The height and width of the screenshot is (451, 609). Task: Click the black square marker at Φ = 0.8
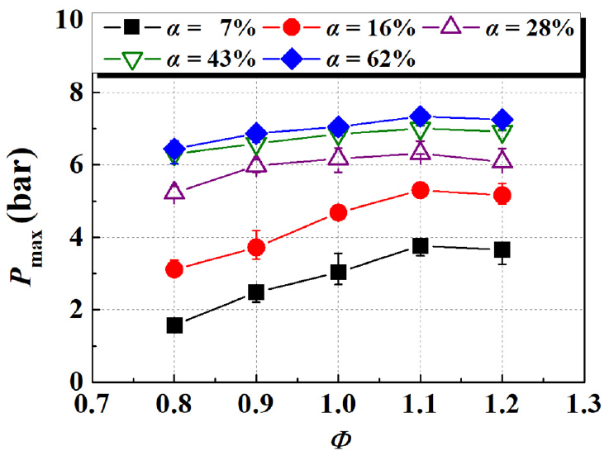pyautogui.click(x=174, y=325)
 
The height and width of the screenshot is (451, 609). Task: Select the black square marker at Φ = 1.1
pyautogui.click(x=420, y=245)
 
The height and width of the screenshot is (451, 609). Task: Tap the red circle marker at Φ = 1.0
pyautogui.click(x=338, y=212)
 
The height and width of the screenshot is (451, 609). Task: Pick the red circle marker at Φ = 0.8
pyautogui.click(x=174, y=268)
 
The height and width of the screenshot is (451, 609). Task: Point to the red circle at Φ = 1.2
pyautogui.click(x=502, y=195)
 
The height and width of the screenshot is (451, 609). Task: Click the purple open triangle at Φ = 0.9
pyautogui.click(x=256, y=164)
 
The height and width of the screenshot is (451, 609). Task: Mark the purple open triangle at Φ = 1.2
pyautogui.click(x=502, y=160)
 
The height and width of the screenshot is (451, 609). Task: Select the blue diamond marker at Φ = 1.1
pyautogui.click(x=420, y=116)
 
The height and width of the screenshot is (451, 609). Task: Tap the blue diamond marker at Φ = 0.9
pyautogui.click(x=256, y=133)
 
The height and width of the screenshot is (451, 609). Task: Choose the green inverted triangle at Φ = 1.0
pyautogui.click(x=338, y=134)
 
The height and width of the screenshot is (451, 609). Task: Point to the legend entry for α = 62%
pyautogui.click(x=347, y=59)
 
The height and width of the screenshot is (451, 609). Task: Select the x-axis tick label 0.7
pyautogui.click(x=93, y=405)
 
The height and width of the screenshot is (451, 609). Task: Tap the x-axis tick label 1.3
pyautogui.click(x=583, y=405)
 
